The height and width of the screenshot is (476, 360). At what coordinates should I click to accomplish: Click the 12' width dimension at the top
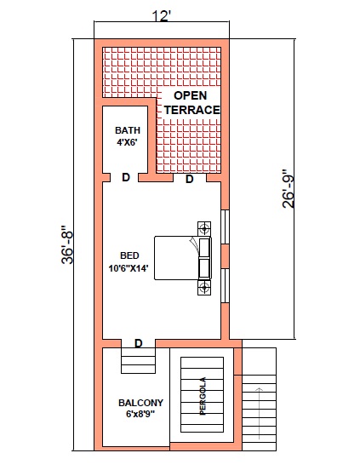coord(162,16)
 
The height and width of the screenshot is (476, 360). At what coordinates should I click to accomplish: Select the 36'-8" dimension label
coord(67,244)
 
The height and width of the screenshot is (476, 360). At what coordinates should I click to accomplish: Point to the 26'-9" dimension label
coord(289,188)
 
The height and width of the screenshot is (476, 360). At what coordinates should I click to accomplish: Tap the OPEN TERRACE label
coord(191,102)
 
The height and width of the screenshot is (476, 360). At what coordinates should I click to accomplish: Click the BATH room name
coord(128,130)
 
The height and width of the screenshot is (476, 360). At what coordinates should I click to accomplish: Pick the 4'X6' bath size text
coord(128,142)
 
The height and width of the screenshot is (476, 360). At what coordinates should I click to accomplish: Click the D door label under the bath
coord(126,177)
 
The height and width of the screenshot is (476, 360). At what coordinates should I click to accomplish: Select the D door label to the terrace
coord(189,179)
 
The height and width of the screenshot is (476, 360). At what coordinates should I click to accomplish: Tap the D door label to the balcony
coord(139,344)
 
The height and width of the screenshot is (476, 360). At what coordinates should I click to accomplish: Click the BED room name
coord(129,255)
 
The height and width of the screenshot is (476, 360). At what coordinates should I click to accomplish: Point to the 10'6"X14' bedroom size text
coord(129,268)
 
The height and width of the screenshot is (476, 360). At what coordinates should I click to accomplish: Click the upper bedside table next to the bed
coord(204,228)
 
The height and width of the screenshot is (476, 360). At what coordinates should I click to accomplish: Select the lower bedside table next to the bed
coord(204,287)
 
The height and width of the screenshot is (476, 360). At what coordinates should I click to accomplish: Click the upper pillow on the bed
coord(204,248)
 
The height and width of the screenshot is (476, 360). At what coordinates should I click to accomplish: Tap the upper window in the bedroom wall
coord(225,227)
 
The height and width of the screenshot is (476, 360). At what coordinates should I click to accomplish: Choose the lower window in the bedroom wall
coord(225,285)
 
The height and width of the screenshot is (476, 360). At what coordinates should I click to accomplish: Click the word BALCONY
coord(140,403)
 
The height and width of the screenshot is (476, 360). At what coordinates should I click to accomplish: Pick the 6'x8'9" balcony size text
coord(140,414)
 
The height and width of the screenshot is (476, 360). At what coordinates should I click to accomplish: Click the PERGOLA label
coord(203,396)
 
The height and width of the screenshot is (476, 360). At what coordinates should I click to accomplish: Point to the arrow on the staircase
coord(259,413)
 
